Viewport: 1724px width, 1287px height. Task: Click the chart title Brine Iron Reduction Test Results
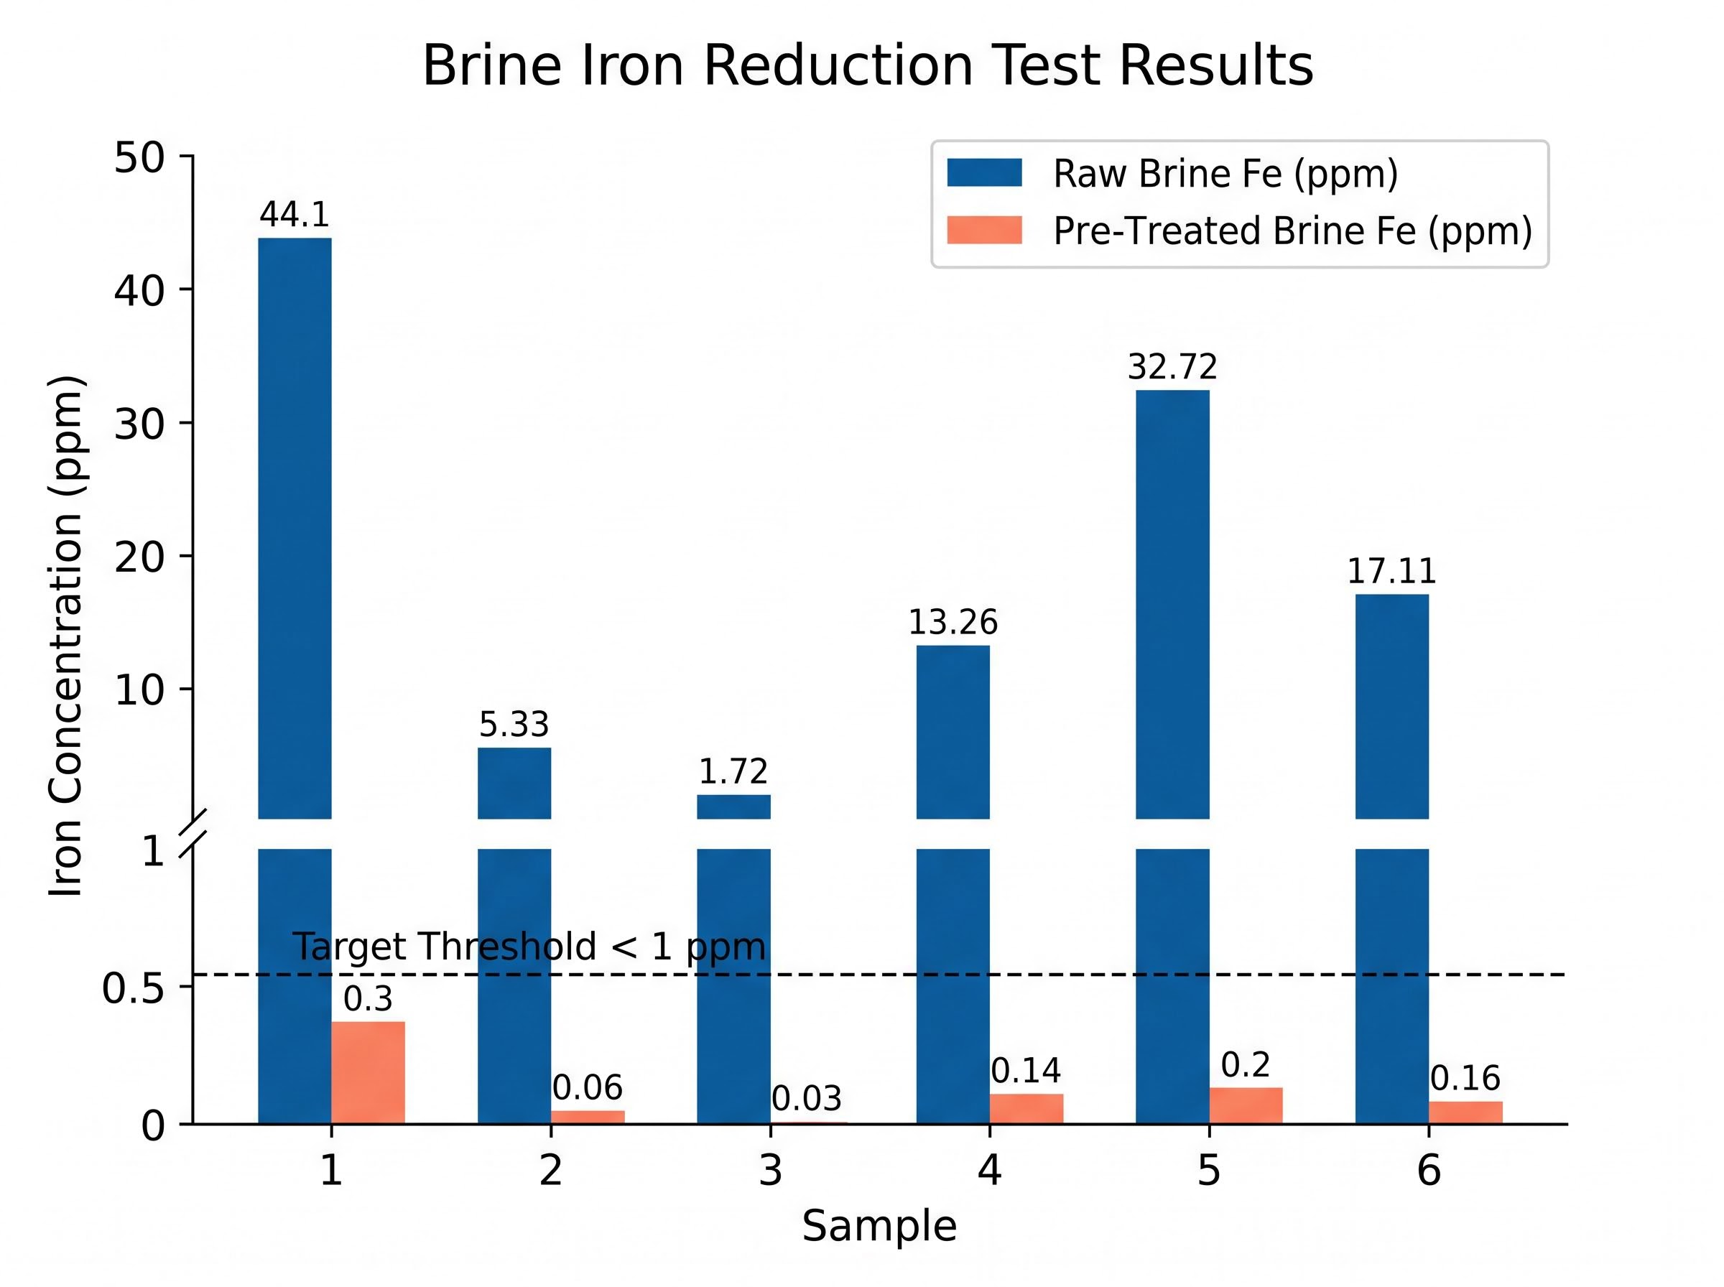coord(867,65)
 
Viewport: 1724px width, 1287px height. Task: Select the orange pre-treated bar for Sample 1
coord(368,1072)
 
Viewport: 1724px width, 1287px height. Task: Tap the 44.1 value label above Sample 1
coord(295,214)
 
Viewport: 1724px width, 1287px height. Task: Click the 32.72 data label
coord(1172,366)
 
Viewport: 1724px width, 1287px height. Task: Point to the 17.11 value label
coord(1391,571)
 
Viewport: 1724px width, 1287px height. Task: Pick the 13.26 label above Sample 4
coord(952,622)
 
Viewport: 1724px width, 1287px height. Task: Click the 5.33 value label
coord(514,725)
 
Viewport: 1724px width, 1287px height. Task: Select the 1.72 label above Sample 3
coord(733,771)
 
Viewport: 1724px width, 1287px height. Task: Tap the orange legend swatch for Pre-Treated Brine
coord(984,230)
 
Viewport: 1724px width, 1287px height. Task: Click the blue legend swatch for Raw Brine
coord(984,172)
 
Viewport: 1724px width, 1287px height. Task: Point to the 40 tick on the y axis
coord(139,291)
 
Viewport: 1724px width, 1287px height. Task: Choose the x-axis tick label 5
coord(1208,1169)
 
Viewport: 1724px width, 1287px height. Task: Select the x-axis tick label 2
coord(550,1169)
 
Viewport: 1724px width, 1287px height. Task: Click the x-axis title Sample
coord(879,1225)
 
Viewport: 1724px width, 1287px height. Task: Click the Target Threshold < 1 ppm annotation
coord(529,947)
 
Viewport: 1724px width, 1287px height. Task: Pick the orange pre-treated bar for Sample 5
coord(1246,1105)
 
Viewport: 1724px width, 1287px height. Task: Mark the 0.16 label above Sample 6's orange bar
coord(1465,1078)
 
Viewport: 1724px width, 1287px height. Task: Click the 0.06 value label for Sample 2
coord(588,1087)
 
